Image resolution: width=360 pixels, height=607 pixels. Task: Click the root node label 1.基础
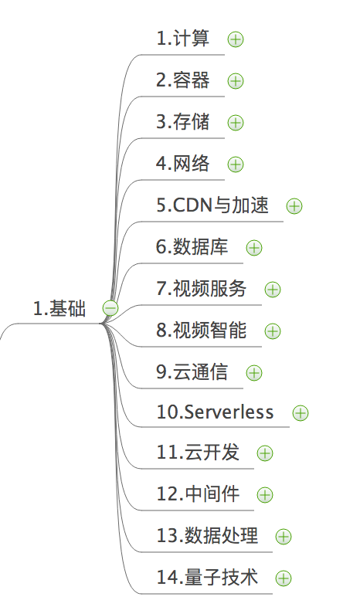click(59, 309)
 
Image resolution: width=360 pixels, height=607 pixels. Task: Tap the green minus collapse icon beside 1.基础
click(110, 309)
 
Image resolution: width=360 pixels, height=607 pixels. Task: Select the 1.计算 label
click(183, 39)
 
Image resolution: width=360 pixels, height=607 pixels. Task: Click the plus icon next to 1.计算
click(236, 39)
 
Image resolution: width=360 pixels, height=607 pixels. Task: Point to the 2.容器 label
click(183, 80)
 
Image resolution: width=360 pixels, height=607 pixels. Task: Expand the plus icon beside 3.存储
click(236, 123)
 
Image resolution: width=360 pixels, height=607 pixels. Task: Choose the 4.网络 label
click(183, 164)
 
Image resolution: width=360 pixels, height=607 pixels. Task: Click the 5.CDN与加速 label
click(212, 205)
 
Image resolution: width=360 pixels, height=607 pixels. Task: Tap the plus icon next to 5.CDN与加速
click(294, 206)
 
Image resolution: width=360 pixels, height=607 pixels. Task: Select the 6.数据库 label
click(192, 247)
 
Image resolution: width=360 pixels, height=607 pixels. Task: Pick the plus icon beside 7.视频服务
click(273, 290)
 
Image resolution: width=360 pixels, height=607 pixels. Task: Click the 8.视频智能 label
click(202, 331)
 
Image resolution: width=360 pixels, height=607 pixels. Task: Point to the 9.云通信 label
click(192, 372)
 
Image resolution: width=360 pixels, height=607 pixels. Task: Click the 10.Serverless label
click(215, 412)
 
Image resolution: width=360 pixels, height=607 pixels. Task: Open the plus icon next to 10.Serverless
click(301, 413)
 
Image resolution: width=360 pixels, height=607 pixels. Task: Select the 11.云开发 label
click(198, 452)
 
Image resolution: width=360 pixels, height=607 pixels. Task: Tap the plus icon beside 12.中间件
click(265, 495)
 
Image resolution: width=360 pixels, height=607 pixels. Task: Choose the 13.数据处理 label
click(207, 535)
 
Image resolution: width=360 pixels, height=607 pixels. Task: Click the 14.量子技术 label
click(207, 577)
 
